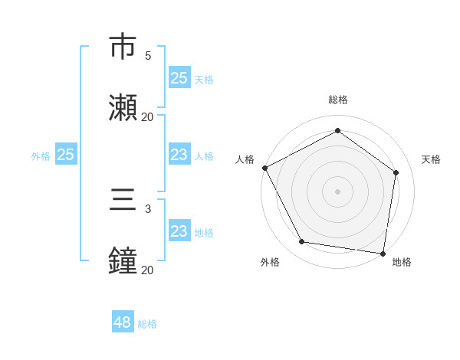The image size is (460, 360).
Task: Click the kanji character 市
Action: pyautogui.click(x=123, y=48)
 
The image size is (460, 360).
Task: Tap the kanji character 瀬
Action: pyautogui.click(x=123, y=107)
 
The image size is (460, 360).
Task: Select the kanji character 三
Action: pyautogui.click(x=123, y=201)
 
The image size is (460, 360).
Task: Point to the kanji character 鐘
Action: pyautogui.click(x=123, y=260)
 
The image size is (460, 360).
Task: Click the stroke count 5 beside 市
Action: pyautogui.click(x=148, y=56)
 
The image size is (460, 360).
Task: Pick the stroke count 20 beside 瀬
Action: pyautogui.click(x=147, y=117)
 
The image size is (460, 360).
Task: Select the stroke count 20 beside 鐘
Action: pyautogui.click(x=147, y=270)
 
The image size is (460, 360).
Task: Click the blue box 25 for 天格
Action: pyautogui.click(x=179, y=78)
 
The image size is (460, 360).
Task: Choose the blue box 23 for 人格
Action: pyautogui.click(x=179, y=155)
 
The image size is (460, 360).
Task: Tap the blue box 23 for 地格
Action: pyautogui.click(x=179, y=231)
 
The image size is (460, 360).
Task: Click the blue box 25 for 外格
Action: pyautogui.click(x=65, y=155)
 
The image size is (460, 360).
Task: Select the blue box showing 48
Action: pyautogui.click(x=122, y=322)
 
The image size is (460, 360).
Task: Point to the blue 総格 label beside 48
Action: pyautogui.click(x=147, y=324)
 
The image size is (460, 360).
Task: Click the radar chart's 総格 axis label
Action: pyautogui.click(x=338, y=100)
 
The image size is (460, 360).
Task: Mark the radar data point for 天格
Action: pyautogui.click(x=396, y=172)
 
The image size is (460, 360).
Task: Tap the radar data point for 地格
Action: pyautogui.click(x=383, y=253)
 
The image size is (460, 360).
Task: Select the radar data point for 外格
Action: pyautogui.click(x=302, y=242)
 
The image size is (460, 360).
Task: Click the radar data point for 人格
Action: pyautogui.click(x=264, y=168)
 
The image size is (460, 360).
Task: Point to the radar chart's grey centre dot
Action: pyautogui.click(x=338, y=191)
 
